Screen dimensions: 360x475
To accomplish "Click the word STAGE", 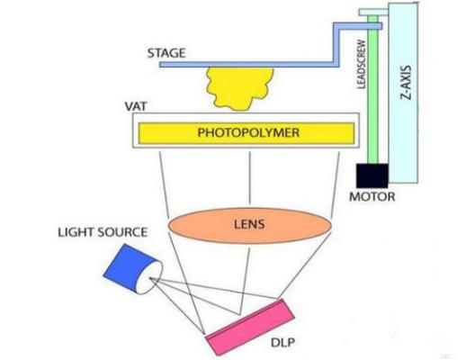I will pos(166,53).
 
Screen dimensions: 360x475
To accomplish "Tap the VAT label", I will pos(135,106).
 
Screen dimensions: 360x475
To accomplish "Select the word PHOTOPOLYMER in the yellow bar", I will pos(242,133).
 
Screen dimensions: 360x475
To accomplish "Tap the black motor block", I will pos(372,175).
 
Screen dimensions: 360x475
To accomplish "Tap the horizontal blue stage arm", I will pos(243,62).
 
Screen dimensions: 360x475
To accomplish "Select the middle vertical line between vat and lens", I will pos(248,176).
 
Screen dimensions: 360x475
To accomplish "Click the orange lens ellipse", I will pos(207,225).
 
